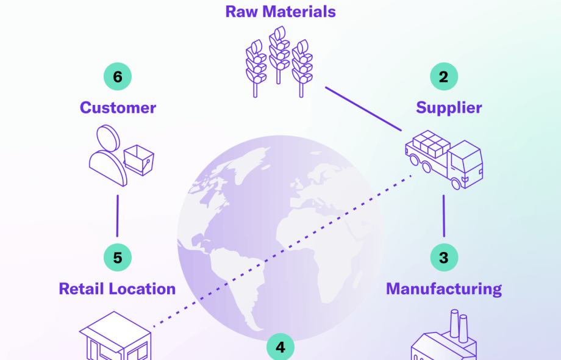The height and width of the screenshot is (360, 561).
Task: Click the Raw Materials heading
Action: pos(280,11)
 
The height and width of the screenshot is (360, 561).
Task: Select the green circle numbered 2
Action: pos(443,77)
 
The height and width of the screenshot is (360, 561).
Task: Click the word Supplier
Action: pos(449,108)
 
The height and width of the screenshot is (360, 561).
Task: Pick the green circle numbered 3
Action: pos(443,257)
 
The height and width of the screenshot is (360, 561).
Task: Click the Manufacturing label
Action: pos(444,288)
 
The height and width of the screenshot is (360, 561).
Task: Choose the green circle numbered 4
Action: pos(280,348)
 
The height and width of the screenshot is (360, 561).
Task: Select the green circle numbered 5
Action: pos(117,257)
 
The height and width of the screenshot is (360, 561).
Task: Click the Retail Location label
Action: pos(117,289)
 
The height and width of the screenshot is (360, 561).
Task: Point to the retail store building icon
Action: pos(116,339)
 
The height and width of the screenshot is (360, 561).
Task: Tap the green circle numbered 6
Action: pos(117,77)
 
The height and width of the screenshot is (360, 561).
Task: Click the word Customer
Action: pos(118,108)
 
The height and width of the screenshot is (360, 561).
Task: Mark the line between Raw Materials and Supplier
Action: pos(363,109)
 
